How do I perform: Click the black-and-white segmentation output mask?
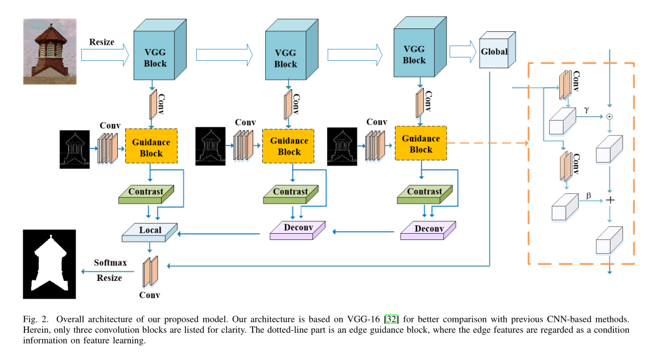click(x=49, y=264)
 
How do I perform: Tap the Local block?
click(x=150, y=230)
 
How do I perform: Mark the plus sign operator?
click(x=610, y=200)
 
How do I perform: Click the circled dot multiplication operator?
click(x=610, y=117)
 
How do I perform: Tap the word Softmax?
click(x=110, y=263)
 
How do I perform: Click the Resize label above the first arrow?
click(x=101, y=42)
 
